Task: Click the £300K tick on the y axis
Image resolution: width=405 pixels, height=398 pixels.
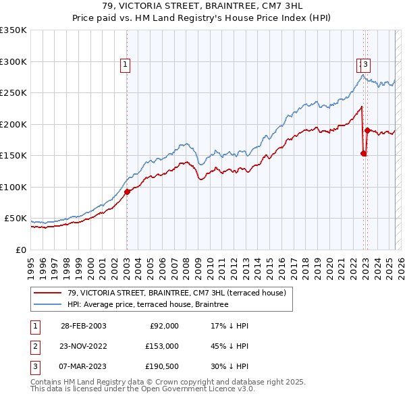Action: click(x=13, y=61)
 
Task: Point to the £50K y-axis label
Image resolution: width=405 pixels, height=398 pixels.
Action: click(x=16, y=219)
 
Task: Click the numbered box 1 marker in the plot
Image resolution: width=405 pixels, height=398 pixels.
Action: click(x=126, y=65)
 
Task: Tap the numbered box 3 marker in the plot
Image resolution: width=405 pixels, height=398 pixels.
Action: click(x=365, y=65)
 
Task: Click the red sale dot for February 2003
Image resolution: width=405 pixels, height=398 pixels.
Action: click(x=127, y=192)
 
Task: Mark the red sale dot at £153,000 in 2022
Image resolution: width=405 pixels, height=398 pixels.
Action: click(x=363, y=154)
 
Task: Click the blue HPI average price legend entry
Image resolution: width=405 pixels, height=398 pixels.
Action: click(x=147, y=304)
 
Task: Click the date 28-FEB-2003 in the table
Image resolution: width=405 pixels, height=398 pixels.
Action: click(x=84, y=326)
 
